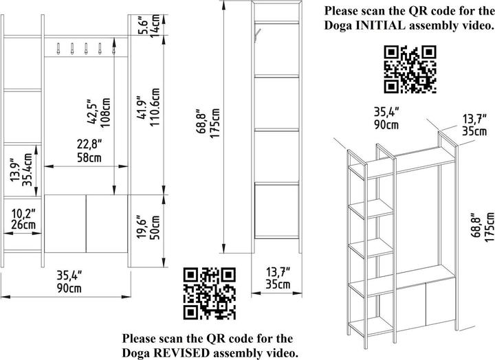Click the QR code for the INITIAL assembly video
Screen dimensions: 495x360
(x=410, y=69)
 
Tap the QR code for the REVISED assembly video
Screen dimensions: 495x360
(x=210, y=293)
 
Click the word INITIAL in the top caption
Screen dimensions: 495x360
(x=381, y=25)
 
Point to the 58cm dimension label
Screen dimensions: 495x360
(x=89, y=157)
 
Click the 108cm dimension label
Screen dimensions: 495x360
(x=105, y=112)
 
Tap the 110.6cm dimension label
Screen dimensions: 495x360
(x=155, y=107)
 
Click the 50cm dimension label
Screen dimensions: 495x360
(x=155, y=227)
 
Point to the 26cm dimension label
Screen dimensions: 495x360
(x=23, y=225)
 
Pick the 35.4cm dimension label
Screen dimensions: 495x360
(x=27, y=170)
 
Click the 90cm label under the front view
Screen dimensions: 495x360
(x=69, y=288)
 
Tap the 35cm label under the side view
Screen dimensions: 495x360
(x=278, y=284)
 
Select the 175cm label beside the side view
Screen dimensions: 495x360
(x=214, y=124)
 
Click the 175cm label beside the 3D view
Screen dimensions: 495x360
(x=489, y=227)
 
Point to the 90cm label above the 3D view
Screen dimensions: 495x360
(x=386, y=124)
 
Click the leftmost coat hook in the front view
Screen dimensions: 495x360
(x=58, y=49)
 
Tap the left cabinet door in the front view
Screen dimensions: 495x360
(x=65, y=224)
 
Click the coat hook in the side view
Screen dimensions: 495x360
(x=256, y=35)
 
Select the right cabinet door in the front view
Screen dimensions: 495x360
(x=107, y=224)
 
